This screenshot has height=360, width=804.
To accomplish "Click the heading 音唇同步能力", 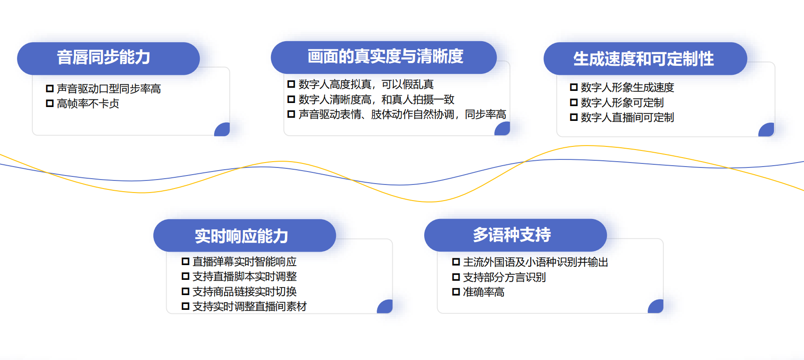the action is pyautogui.click(x=103, y=57).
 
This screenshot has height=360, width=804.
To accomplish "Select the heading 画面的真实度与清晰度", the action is pyautogui.click(x=385, y=56).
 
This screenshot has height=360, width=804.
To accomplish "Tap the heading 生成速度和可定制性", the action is pyautogui.click(x=644, y=59).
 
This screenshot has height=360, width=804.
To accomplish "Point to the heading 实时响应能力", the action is pyautogui.click(x=241, y=236).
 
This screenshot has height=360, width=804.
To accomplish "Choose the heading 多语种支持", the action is pyautogui.click(x=512, y=235).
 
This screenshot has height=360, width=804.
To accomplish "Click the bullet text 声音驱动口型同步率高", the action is pyautogui.click(x=109, y=89).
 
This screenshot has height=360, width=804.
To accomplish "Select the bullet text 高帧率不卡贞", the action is pyautogui.click(x=88, y=103).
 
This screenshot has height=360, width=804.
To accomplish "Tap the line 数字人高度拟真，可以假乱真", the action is pyautogui.click(x=366, y=84).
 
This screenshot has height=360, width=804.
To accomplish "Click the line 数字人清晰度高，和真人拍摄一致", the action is pyautogui.click(x=376, y=99).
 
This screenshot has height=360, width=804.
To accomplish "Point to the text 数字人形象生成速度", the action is pyautogui.click(x=628, y=87).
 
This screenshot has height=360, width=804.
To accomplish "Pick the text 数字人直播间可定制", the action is pyautogui.click(x=628, y=117).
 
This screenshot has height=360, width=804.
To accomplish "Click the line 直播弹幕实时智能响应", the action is pyautogui.click(x=245, y=261).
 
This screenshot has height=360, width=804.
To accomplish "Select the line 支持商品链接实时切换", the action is pyautogui.click(x=245, y=291).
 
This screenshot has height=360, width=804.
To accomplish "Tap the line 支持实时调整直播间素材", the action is pyautogui.click(x=249, y=306).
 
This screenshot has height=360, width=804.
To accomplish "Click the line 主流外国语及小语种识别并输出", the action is pyautogui.click(x=536, y=262).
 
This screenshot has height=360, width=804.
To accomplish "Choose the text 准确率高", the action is pyautogui.click(x=484, y=292).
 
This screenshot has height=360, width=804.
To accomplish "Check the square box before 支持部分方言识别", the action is pyautogui.click(x=456, y=277).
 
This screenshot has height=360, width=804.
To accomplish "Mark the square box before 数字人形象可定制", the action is pyautogui.click(x=574, y=103).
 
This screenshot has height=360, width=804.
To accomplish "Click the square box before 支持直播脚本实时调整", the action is pyautogui.click(x=185, y=276).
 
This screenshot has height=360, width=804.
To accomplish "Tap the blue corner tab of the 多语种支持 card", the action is pyautogui.click(x=657, y=307).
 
